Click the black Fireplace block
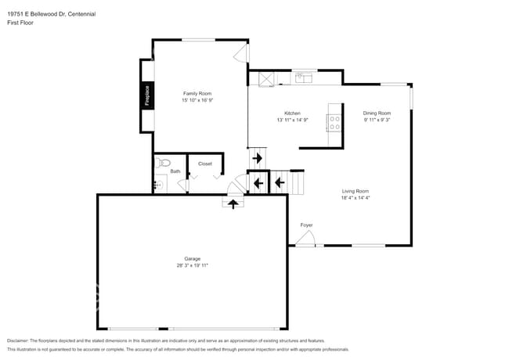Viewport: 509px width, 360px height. click(146, 95)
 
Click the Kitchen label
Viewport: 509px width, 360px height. click(292, 113)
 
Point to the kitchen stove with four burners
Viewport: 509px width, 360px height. click(334, 121)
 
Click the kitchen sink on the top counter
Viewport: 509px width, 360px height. click(303, 77)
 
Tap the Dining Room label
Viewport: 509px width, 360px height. click(376, 113)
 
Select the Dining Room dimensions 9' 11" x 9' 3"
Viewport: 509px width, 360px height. click(376, 120)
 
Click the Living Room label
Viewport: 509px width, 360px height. click(355, 191)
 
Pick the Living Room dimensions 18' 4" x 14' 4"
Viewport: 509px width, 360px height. click(355, 198)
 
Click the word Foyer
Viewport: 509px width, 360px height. click(306, 225)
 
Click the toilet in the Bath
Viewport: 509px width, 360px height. click(162, 163)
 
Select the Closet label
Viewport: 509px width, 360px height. click(204, 164)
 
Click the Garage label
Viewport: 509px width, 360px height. click(192, 258)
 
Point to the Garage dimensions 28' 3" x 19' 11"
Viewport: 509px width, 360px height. click(192, 265)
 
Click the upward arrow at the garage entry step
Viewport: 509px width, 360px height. click(232, 203)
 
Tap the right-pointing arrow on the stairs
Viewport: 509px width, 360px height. click(258, 159)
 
